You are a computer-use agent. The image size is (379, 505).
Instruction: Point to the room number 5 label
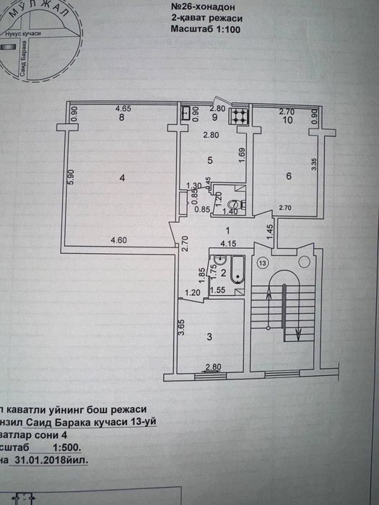(209, 159)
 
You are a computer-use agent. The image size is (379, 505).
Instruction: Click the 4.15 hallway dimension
(228, 242)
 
